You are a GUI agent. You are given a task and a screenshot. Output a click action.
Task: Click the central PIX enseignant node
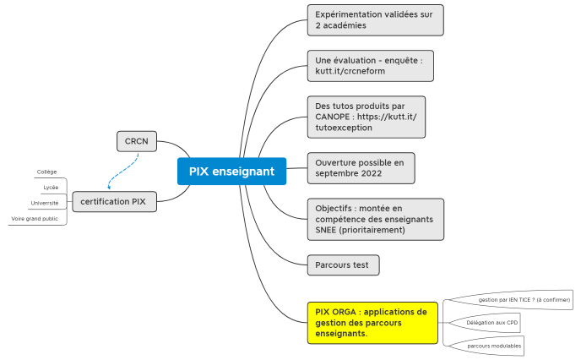tap(231, 172)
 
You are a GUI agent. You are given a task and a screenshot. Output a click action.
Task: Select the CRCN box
tap(137, 141)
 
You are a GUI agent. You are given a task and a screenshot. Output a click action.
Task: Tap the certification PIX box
tap(113, 202)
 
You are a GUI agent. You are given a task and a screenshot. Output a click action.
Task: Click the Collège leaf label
tap(46, 172)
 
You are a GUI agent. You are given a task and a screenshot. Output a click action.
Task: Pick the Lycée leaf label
tap(51, 187)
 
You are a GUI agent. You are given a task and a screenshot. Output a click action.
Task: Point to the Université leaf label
tap(45, 203)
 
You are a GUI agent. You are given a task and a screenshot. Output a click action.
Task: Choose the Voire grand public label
tap(35, 218)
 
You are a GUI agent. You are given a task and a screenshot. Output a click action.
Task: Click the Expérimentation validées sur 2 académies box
tap(374, 19)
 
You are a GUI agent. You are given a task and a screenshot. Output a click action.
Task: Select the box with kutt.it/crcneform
tap(370, 66)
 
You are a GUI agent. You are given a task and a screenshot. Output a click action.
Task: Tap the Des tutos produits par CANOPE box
tap(366, 117)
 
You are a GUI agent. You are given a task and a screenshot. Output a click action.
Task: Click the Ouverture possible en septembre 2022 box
tap(361, 167)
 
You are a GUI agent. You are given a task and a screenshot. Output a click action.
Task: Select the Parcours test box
tap(343, 265)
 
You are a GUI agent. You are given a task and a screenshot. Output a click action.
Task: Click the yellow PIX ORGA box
tap(372, 322)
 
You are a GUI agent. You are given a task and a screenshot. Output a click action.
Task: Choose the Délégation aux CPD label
tap(492, 322)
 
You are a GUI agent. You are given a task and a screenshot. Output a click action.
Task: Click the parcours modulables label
tap(494, 346)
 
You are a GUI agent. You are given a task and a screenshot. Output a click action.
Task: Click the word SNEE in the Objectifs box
tap(329, 230)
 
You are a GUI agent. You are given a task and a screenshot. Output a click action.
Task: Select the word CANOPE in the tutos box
tap(334, 117)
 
